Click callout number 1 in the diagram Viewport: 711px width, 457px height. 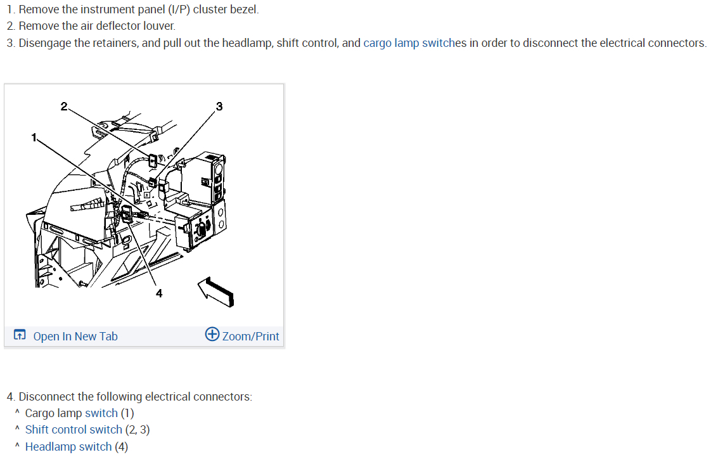pos(34,137)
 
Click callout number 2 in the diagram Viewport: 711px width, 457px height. pos(63,106)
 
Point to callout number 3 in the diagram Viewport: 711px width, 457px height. pos(219,106)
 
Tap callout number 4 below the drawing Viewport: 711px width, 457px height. pos(159,293)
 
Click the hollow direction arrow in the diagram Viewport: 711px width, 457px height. pos(216,291)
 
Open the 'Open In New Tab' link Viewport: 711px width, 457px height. pos(75,337)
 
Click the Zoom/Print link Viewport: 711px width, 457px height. pos(250,337)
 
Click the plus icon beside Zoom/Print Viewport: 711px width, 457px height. pos(212,335)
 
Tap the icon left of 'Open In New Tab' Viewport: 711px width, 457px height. pos(20,335)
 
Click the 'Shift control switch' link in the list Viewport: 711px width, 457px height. pos(74,430)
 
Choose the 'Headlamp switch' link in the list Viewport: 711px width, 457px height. pos(68,447)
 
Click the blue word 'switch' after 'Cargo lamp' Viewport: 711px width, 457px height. pos(101,413)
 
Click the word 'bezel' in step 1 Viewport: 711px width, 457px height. pos(245,10)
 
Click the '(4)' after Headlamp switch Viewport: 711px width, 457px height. pos(121,447)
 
